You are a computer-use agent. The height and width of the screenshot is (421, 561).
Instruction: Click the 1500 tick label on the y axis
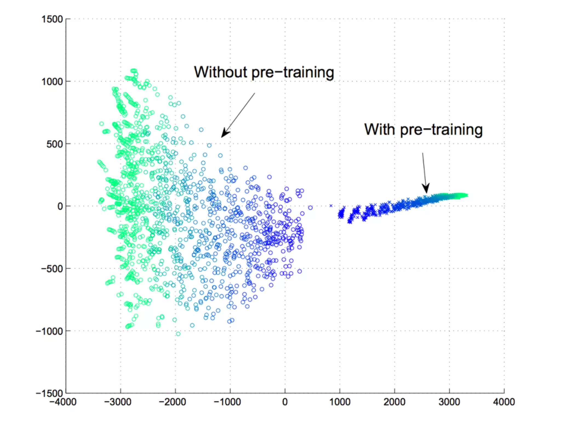tap(52, 19)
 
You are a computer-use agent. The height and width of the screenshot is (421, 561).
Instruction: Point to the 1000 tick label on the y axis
tap(52, 82)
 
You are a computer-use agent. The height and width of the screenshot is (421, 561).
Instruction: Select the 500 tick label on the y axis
tap(55, 144)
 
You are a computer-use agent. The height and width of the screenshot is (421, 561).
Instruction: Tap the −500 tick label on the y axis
tap(52, 269)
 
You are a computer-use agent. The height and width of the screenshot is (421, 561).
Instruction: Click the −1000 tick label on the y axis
tap(50, 331)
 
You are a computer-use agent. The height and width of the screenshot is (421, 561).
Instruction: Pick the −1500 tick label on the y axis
tap(50, 393)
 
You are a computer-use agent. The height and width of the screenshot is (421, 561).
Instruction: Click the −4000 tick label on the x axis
tap(63, 402)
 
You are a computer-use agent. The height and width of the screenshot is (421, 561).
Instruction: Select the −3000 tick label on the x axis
tap(118, 402)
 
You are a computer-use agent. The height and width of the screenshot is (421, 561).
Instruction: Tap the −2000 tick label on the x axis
tap(173, 402)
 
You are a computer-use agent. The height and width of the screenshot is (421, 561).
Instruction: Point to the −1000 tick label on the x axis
tap(227, 402)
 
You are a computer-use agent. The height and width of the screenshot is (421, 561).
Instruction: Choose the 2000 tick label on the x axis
tap(394, 402)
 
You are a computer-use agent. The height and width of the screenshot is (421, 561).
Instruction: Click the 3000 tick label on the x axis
tap(449, 402)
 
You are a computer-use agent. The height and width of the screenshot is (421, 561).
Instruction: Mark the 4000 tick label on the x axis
tap(504, 402)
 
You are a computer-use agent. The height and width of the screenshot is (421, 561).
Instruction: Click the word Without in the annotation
tap(221, 72)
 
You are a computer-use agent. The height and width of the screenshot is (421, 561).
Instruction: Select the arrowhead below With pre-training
tap(426, 189)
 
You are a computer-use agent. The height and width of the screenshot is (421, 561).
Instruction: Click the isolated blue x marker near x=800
tap(331, 206)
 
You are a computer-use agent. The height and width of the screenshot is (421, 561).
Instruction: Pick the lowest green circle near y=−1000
tap(178, 334)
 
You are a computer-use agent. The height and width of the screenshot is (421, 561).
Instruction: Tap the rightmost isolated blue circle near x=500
tap(310, 208)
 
